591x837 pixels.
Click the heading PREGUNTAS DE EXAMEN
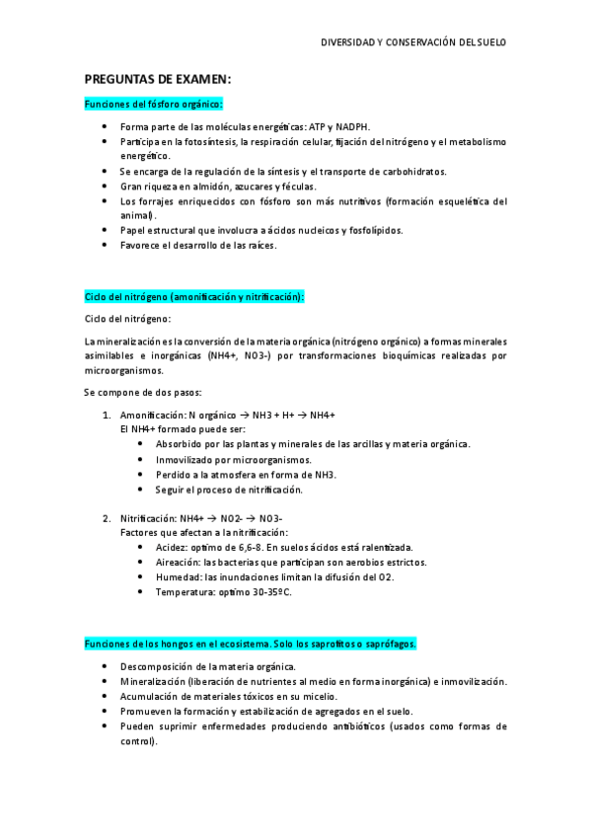pyautogui.click(x=158, y=79)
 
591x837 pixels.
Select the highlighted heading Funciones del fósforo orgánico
pyautogui.click(x=154, y=104)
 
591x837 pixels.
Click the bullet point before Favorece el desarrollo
pyautogui.click(x=107, y=245)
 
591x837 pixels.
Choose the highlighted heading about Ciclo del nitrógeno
pyautogui.click(x=195, y=296)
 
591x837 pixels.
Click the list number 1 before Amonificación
pyautogui.click(x=107, y=415)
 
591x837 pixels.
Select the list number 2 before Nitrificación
pyautogui.click(x=107, y=518)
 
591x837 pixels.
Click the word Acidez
pyautogui.click(x=172, y=547)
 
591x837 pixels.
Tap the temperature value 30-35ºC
pyautogui.click(x=270, y=591)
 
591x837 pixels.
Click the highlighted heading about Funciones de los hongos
pyautogui.click(x=251, y=644)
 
